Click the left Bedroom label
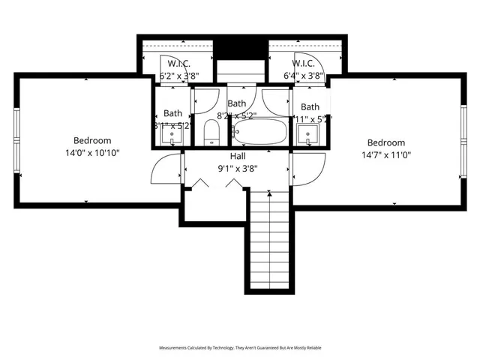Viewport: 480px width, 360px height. [x=92, y=140]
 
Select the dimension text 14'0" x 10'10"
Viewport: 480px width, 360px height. [x=92, y=152]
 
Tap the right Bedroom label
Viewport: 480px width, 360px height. [x=385, y=142]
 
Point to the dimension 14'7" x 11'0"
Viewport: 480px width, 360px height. [x=385, y=154]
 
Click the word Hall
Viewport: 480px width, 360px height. [x=237, y=156]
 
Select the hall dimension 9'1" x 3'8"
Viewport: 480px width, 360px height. [x=237, y=168]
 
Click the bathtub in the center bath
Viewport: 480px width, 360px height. [x=259, y=133]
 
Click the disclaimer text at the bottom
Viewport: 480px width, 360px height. [x=239, y=348]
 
